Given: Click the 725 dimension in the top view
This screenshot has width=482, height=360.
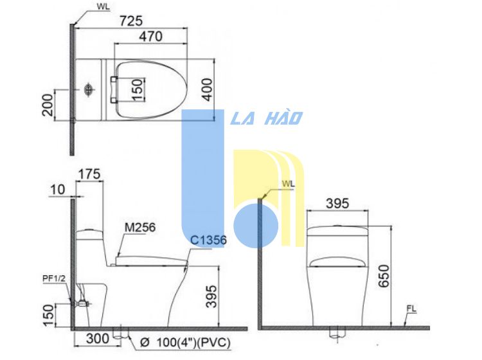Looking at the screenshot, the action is pos(131,21).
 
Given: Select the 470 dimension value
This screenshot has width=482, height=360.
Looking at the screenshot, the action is pos(150,37).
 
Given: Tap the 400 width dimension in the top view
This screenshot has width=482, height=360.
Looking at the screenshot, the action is pos(208,90).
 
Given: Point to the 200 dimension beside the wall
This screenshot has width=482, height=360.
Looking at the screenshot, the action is pos(48,105).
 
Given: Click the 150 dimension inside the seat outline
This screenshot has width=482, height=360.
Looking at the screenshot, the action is pos(138,89).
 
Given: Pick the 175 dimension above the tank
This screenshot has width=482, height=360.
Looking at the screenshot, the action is pos(89,174).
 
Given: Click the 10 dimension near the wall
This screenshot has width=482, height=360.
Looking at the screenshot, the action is pos(57,190).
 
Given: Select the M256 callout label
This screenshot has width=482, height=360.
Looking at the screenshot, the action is pos(140,228).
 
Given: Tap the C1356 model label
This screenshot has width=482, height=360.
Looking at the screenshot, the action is pos(208,240).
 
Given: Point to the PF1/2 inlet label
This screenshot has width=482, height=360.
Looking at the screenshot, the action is pos(54,278).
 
